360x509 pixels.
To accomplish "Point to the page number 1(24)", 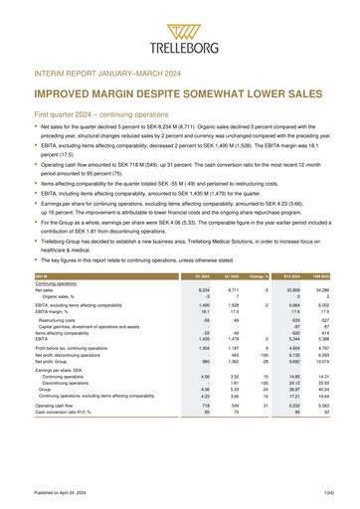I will point(339,494).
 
